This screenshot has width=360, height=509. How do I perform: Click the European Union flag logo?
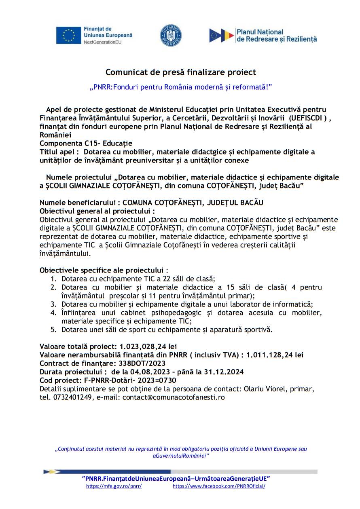69,36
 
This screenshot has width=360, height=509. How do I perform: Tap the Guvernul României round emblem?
171,36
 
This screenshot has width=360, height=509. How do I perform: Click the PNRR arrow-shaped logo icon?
221,36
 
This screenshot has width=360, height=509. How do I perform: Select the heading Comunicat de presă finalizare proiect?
181,72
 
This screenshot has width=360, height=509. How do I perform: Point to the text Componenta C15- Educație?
86,144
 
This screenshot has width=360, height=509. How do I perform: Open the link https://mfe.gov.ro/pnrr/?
114,486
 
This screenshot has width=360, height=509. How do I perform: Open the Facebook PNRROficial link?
219,486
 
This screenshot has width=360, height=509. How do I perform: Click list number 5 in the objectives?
53,330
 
